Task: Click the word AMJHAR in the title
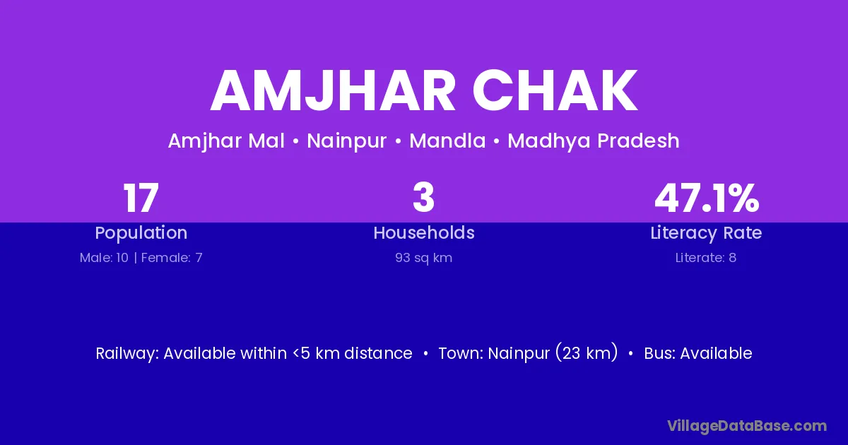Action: click(x=333, y=90)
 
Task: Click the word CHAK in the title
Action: click(x=555, y=90)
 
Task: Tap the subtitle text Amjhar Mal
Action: click(x=226, y=141)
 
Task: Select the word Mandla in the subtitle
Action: click(x=447, y=141)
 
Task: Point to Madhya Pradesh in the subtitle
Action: click(x=594, y=141)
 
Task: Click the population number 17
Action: click(x=141, y=198)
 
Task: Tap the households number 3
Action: click(x=423, y=198)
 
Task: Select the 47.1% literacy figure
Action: click(x=707, y=198)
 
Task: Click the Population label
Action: click(x=141, y=233)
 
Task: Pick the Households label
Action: click(x=424, y=232)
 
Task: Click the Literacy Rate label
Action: click(x=706, y=233)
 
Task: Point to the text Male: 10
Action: click(x=104, y=258)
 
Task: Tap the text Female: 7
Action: click(x=172, y=258)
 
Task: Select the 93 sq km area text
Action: click(x=423, y=258)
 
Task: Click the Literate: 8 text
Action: click(x=706, y=258)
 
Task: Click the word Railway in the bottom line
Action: click(x=127, y=354)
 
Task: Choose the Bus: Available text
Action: click(x=698, y=353)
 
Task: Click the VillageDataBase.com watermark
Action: click(x=748, y=426)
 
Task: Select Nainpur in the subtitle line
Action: click(x=347, y=141)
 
